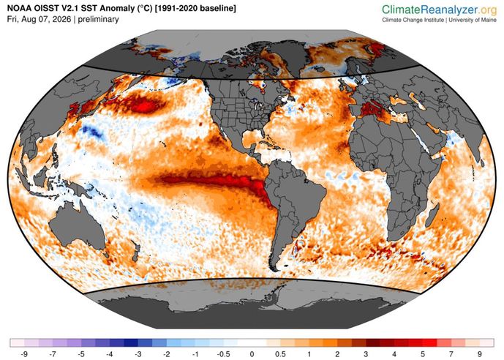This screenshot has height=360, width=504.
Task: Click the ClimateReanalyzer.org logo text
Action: coord(440,10)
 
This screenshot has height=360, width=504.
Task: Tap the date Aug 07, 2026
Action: coord(47,19)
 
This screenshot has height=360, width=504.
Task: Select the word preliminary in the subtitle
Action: coord(98,19)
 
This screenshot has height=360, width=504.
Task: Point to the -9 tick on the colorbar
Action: coord(24,354)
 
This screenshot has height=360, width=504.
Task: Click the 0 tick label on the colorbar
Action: coord(252,354)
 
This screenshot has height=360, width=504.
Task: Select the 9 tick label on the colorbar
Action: coord(480,354)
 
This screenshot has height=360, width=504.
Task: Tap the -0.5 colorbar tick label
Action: coord(223,354)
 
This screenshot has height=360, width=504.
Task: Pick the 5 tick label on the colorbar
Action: coord(423,354)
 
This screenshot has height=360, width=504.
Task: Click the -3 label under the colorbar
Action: coord(138,354)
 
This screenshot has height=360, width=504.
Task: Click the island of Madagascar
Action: coord(432,214)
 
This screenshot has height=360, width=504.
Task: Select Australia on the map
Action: coord(78,225)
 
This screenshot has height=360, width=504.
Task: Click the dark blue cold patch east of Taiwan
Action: coord(91,131)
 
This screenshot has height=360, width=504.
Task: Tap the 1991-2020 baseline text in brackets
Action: coord(195,9)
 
